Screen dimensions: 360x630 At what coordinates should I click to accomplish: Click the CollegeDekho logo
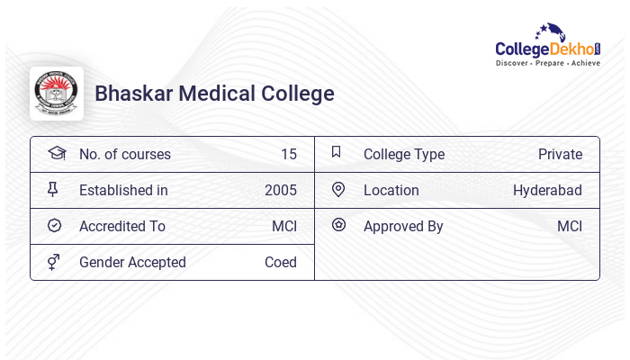click(x=547, y=45)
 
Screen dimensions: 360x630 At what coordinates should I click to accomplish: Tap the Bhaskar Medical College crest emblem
click(x=56, y=94)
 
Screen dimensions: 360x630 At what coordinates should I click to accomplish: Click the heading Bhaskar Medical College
click(x=214, y=94)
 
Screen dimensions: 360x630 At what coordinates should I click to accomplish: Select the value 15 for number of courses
click(x=288, y=154)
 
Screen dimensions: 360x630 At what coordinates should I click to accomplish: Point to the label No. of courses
click(x=124, y=154)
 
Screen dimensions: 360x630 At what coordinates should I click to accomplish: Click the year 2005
click(x=280, y=190)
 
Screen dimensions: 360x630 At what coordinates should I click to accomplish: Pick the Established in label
click(x=123, y=190)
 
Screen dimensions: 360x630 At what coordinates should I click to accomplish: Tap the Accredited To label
click(x=121, y=226)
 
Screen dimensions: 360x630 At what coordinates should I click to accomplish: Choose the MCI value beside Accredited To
click(x=283, y=226)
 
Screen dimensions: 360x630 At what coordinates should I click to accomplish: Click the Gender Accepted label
click(x=132, y=262)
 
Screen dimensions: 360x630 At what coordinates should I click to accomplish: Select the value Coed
click(x=280, y=262)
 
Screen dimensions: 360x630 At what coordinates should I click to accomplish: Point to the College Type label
click(x=403, y=154)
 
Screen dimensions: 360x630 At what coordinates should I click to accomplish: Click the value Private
click(x=560, y=154)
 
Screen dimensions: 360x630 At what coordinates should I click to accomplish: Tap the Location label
click(x=391, y=190)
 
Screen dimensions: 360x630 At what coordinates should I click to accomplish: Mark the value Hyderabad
click(x=547, y=190)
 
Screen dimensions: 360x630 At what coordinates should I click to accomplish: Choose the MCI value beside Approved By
click(x=569, y=226)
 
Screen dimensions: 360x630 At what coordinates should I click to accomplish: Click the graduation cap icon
click(x=57, y=153)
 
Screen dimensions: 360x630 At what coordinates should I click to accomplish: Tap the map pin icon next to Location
click(x=338, y=189)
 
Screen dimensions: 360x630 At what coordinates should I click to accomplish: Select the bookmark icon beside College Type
click(x=337, y=152)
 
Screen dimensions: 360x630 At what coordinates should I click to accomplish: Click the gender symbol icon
click(x=54, y=262)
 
